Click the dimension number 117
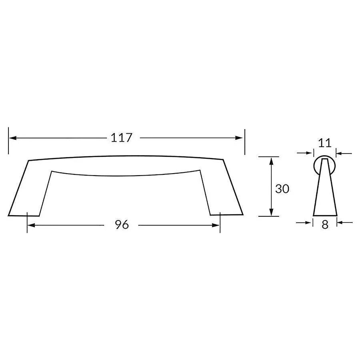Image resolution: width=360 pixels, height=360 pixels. tap(121, 138)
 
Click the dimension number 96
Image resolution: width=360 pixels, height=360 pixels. tap(122, 225)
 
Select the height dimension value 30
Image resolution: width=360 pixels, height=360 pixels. tap(282, 189)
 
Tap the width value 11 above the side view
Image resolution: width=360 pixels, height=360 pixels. tap(324, 143)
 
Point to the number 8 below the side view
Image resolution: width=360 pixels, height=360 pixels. tap(325, 225)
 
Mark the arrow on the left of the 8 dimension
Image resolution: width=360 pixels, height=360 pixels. tap(308, 222)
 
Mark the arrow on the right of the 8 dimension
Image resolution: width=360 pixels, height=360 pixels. tap(341, 222)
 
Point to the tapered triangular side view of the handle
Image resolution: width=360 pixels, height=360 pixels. tap(324, 192)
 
